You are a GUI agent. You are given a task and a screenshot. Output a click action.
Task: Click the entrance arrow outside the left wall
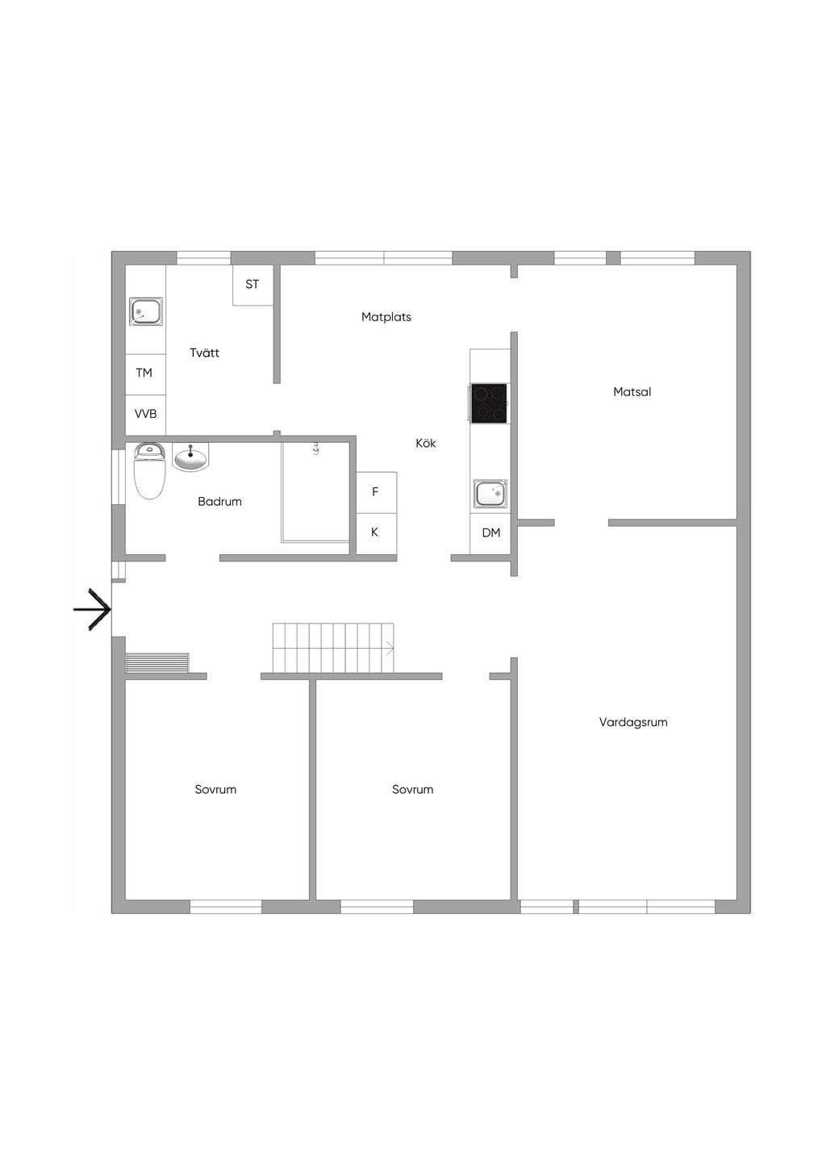coord(92,609)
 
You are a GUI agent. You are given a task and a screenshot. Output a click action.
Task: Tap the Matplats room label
coord(386,317)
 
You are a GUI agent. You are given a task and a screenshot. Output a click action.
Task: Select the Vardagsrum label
coord(633,722)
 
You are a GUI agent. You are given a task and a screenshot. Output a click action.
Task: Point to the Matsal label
coord(632,391)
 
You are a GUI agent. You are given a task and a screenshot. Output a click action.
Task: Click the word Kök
coord(426,443)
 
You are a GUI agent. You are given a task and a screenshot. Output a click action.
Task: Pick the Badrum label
coord(219,502)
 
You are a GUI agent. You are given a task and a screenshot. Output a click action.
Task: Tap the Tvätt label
coord(204,353)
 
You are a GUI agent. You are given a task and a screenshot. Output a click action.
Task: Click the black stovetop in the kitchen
coord(489,403)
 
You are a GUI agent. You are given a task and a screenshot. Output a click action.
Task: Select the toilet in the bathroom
coord(150,470)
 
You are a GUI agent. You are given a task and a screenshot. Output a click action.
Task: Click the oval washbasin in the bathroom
coord(190,457)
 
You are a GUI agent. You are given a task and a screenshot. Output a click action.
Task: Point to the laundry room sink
coord(146,311)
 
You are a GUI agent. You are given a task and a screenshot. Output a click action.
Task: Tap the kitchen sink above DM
coord(490,494)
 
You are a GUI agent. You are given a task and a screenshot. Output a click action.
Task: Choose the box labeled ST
coord(252,285)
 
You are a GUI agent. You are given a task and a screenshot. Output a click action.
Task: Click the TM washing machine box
coord(145,374)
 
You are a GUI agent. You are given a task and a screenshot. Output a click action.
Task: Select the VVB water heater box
coord(145,415)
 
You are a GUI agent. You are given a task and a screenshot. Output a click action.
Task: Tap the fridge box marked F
coord(376,492)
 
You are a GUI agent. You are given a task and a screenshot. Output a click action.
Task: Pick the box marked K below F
coord(376,533)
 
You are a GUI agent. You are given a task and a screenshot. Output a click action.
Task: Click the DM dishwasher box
coord(490,533)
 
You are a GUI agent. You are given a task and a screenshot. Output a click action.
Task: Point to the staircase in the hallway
coord(333,648)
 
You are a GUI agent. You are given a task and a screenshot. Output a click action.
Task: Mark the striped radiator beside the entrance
coord(157,663)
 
